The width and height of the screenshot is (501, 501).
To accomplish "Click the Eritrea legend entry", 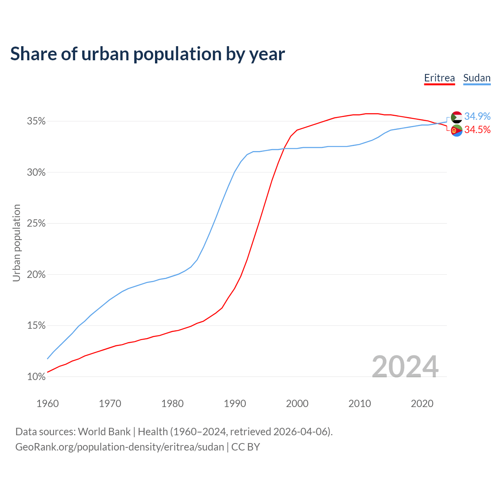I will point(440,78).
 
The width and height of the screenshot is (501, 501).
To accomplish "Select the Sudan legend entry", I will point(477,78).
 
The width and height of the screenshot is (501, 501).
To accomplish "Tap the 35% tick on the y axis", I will point(36,121).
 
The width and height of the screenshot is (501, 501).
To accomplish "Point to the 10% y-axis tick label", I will point(36,377).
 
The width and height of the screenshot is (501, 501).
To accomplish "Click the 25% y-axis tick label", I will point(36,223).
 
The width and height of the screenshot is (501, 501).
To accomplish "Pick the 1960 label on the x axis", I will point(47,404).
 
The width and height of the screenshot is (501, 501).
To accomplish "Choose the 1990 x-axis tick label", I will point(235,404).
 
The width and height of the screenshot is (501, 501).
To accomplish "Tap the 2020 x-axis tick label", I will point(422,404).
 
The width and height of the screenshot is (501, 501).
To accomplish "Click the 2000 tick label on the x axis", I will point(297,404).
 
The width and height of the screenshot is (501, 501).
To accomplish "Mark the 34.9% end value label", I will point(477,116).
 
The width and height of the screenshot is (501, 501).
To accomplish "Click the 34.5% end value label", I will point(477,130).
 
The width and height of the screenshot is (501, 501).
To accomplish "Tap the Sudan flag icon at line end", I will point(457,117).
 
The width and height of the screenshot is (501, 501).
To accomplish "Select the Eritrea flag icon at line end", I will point(457,130).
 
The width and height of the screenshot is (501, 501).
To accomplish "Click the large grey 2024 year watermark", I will point(405,367).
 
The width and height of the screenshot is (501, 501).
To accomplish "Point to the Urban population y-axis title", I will point(16,243).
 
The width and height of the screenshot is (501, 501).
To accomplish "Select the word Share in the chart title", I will point(33,54).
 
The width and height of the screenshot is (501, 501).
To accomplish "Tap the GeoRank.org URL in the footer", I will point(119,447).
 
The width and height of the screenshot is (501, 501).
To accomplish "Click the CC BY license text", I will point(245,447).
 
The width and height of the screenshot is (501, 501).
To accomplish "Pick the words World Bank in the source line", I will point(104,432).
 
